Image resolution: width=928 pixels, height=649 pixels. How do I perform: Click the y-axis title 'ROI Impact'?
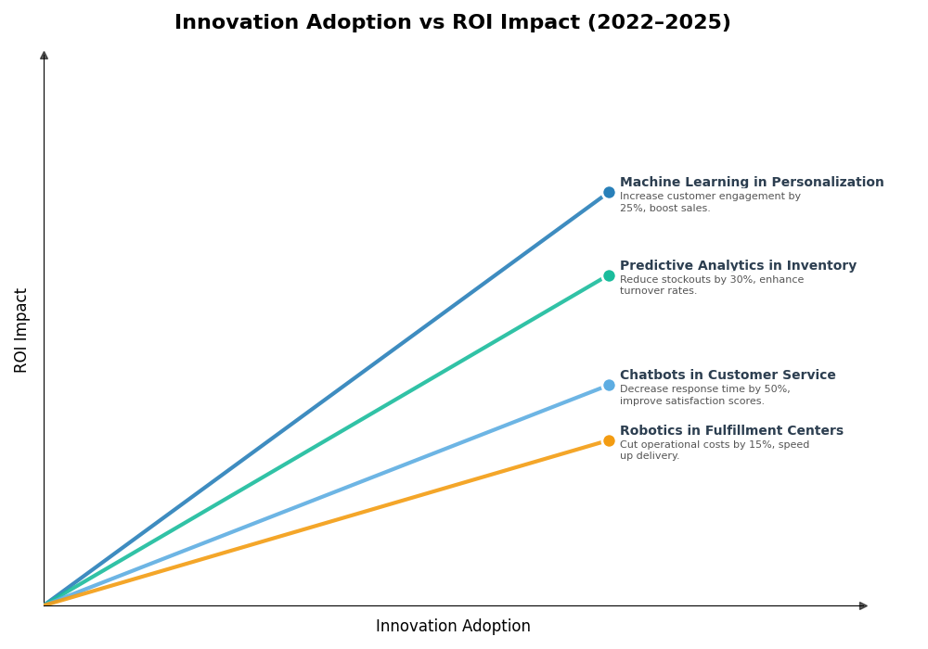pos(21,330)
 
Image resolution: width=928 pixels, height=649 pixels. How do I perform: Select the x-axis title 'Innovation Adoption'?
pos(453,627)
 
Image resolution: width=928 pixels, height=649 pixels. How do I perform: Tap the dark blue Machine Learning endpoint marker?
pos(609,193)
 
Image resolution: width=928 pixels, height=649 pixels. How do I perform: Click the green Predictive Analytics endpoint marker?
pos(609,275)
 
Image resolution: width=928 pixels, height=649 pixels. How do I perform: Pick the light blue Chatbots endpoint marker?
pos(609,385)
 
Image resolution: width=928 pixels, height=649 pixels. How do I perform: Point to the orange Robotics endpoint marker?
pos(609,440)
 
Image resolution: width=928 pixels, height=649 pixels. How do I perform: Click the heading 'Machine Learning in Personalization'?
pos(752,183)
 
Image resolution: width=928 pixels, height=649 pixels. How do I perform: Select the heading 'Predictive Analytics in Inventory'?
pos(738,266)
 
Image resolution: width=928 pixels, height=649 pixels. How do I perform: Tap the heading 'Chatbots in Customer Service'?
pos(728,375)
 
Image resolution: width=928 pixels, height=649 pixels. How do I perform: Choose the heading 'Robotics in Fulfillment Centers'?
pos(731,431)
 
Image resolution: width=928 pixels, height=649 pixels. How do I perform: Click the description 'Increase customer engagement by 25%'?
pos(710,202)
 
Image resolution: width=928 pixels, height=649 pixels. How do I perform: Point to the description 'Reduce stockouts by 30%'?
pos(712,286)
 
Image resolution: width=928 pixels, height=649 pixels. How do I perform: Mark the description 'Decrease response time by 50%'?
pos(705,395)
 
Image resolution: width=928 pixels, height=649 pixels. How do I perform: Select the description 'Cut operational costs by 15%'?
pos(715,450)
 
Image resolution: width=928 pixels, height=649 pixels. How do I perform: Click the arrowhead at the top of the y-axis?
pos(44,56)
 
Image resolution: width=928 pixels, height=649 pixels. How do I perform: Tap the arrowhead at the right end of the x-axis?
pos(863,605)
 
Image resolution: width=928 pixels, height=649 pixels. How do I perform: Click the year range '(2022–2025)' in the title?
pos(659,23)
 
